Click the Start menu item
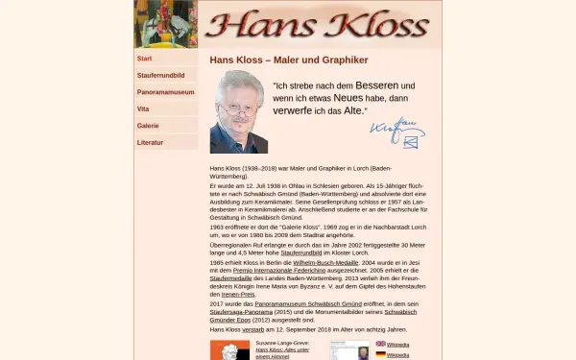click(145, 59)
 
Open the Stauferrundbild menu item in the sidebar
click(160, 75)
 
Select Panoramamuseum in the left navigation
click(165, 92)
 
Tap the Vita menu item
click(143, 109)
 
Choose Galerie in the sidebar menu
click(148, 126)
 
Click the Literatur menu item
click(151, 142)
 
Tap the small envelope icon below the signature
click(411, 142)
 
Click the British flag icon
click(380, 343)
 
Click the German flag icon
click(380, 354)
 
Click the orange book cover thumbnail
click(229, 350)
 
